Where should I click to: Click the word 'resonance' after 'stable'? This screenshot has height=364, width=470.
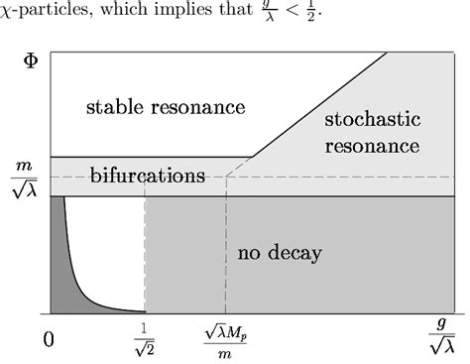[195, 105]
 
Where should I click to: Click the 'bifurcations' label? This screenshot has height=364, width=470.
[147, 176]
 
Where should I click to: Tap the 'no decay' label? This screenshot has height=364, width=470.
[280, 253]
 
